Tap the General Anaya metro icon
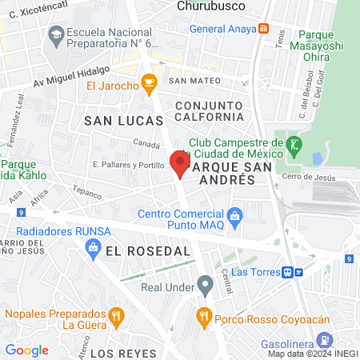pyautogui.click(x=264, y=30)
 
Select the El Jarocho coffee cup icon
pyautogui.click(x=148, y=82)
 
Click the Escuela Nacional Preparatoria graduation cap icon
pyautogui.click(x=56, y=34)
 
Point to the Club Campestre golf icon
pyautogui.click(x=294, y=144)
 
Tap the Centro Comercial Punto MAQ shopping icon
pyautogui.click(x=234, y=214)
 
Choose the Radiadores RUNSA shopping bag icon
pyautogui.click(x=94, y=248)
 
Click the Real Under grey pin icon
pyautogui.click(x=206, y=282)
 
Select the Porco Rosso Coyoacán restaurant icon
pyautogui.click(x=204, y=318)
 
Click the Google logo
pyautogui.click(x=26, y=350)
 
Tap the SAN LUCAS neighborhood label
pyautogui.click(x=123, y=119)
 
